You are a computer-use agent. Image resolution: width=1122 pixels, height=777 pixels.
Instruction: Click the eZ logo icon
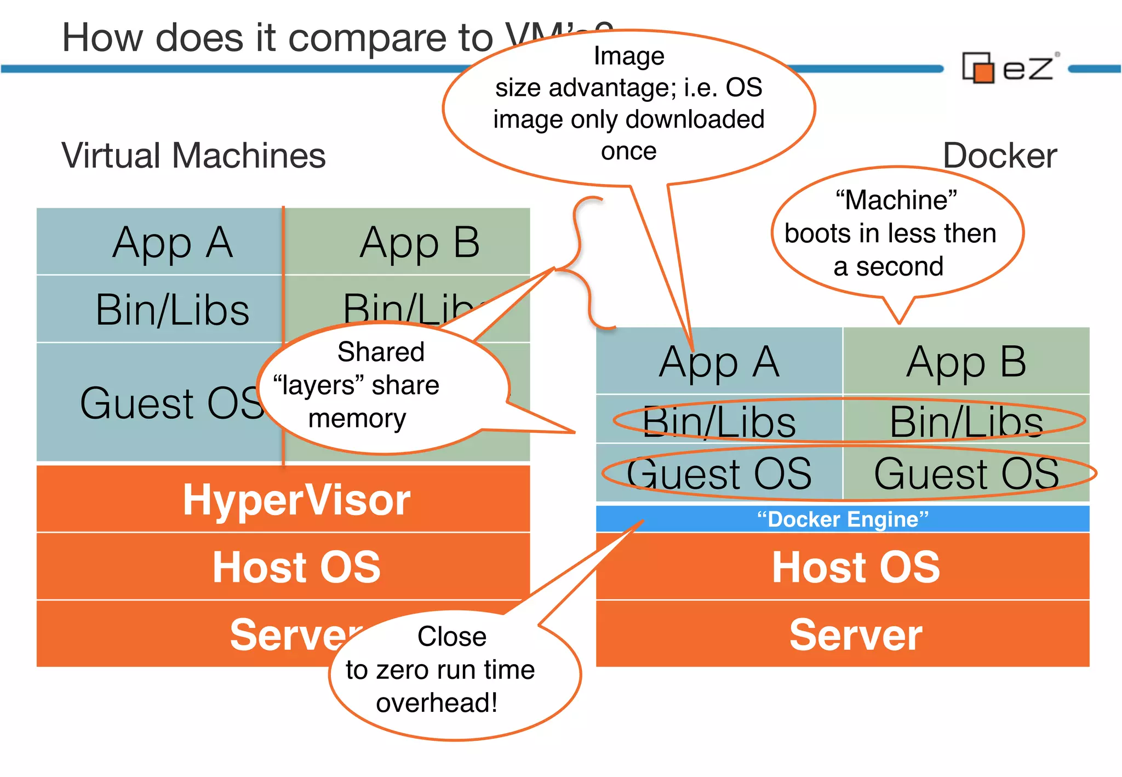click(978, 68)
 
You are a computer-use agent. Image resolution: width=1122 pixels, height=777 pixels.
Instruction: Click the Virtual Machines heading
click(193, 156)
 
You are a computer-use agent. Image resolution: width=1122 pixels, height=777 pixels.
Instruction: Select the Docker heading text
click(999, 156)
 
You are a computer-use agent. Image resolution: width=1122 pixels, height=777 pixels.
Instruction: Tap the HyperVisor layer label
click(296, 500)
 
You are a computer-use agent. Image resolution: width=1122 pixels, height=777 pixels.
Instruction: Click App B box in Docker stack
click(966, 362)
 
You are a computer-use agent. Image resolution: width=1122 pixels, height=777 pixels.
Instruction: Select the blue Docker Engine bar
click(842, 519)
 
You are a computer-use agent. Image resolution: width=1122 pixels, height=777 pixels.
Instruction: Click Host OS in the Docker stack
click(856, 567)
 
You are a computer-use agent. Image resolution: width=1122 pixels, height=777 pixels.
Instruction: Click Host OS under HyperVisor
click(296, 567)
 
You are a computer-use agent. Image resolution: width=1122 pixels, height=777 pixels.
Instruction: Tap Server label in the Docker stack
click(856, 635)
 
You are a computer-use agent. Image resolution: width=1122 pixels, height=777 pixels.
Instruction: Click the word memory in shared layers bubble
click(357, 419)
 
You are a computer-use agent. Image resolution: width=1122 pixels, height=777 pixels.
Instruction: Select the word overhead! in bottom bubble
click(437, 703)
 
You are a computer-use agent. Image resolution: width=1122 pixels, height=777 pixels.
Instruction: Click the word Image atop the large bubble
click(629, 56)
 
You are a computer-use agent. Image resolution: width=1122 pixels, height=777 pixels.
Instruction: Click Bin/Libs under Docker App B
click(966, 422)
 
